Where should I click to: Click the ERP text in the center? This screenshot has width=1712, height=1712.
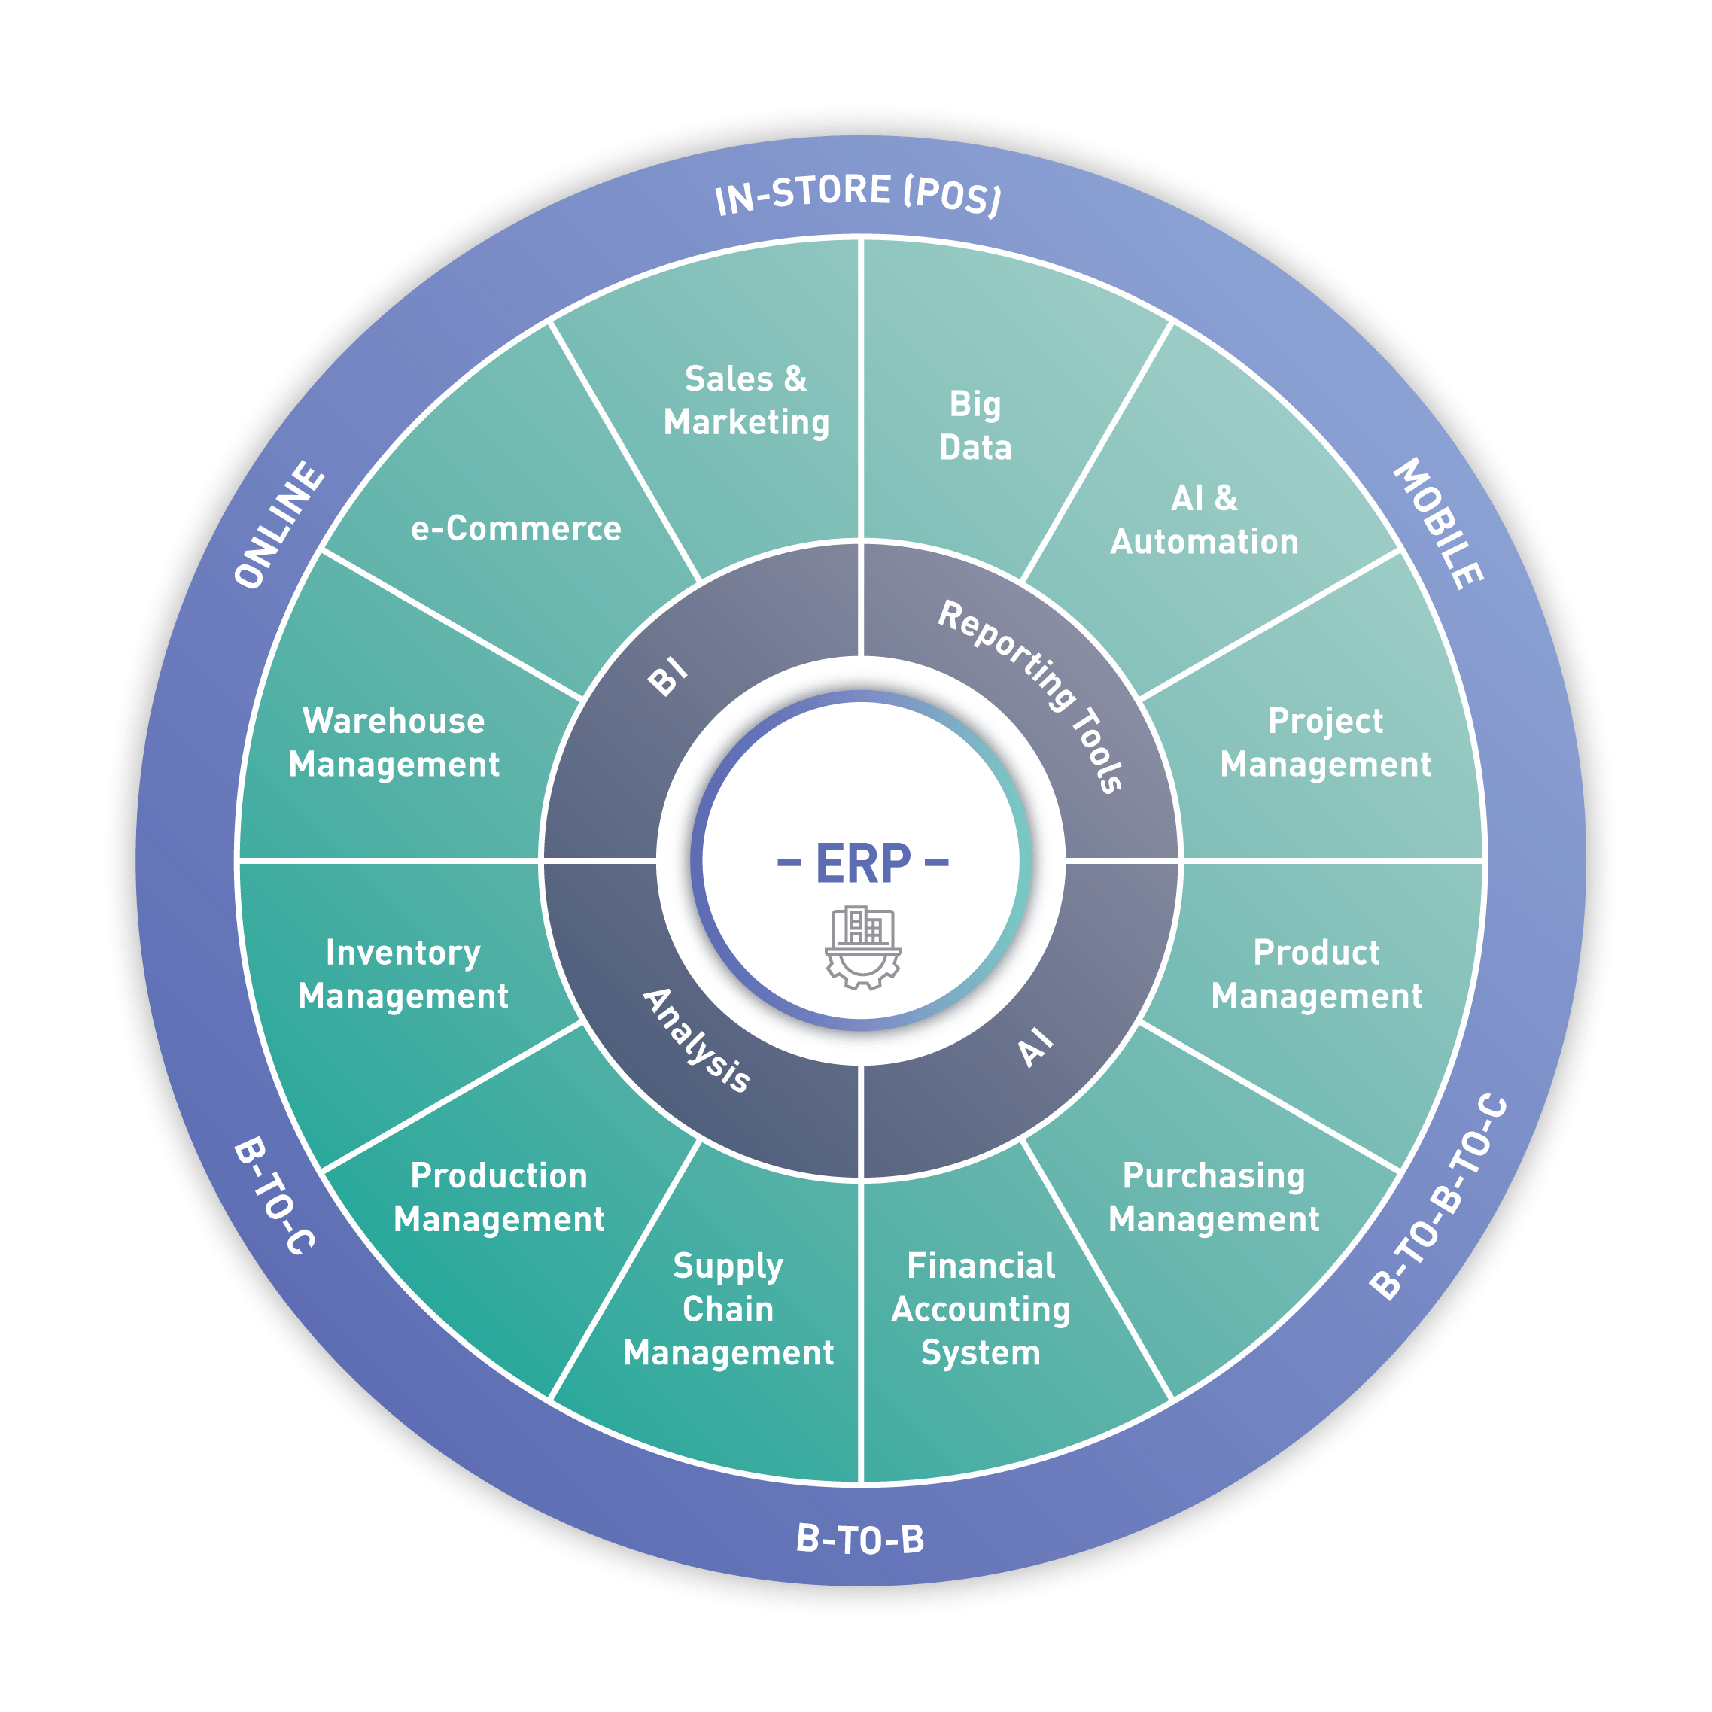[862, 864]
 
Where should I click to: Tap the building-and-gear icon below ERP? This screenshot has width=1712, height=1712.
[862, 947]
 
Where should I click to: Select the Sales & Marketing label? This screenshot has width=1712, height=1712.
[746, 400]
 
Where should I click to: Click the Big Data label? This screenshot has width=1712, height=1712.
[975, 425]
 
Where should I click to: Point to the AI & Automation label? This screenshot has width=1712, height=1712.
[1204, 520]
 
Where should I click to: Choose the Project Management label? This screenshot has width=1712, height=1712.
[1324, 743]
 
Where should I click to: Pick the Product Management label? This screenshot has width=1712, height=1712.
[1316, 974]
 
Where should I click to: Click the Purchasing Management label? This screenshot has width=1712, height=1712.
[1213, 1197]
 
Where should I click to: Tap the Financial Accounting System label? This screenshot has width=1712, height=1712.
[980, 1309]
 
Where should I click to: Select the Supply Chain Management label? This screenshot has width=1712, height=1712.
[728, 1309]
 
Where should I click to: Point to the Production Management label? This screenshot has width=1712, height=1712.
[499, 1197]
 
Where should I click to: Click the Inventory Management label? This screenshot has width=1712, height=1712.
[403, 974]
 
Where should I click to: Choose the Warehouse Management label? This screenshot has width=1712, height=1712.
[394, 743]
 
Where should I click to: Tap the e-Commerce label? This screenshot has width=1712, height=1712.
[515, 529]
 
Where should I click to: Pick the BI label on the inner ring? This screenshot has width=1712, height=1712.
[667, 678]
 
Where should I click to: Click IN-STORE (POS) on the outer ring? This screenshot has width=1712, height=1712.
[858, 194]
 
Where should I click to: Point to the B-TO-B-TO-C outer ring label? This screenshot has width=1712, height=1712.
[1437, 1197]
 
